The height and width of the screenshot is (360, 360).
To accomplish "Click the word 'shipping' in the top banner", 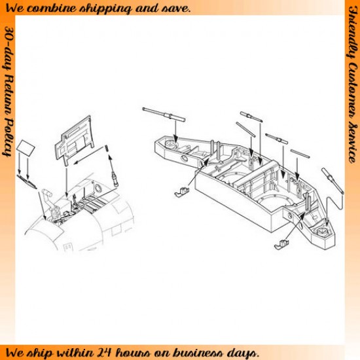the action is tap(105, 9).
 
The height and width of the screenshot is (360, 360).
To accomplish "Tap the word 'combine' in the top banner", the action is tap(52, 9).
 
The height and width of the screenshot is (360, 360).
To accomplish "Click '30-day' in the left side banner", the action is tap(9, 49).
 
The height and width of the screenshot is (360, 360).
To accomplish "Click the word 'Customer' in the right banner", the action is tap(353, 92).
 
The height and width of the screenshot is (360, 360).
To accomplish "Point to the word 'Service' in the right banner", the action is tap(353, 144).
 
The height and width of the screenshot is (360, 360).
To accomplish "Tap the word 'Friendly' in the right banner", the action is tap(353, 32).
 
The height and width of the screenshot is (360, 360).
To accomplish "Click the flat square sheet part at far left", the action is tap(26, 148).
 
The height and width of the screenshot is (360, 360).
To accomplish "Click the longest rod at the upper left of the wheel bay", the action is tap(164, 115).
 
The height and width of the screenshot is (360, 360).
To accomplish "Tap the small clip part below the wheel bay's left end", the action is tap(182, 192).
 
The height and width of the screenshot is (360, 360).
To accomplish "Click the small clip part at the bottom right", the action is tap(281, 244).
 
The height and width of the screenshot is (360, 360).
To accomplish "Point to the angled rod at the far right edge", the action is tap(333, 180).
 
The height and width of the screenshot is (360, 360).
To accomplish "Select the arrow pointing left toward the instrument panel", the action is tap(89, 156).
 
